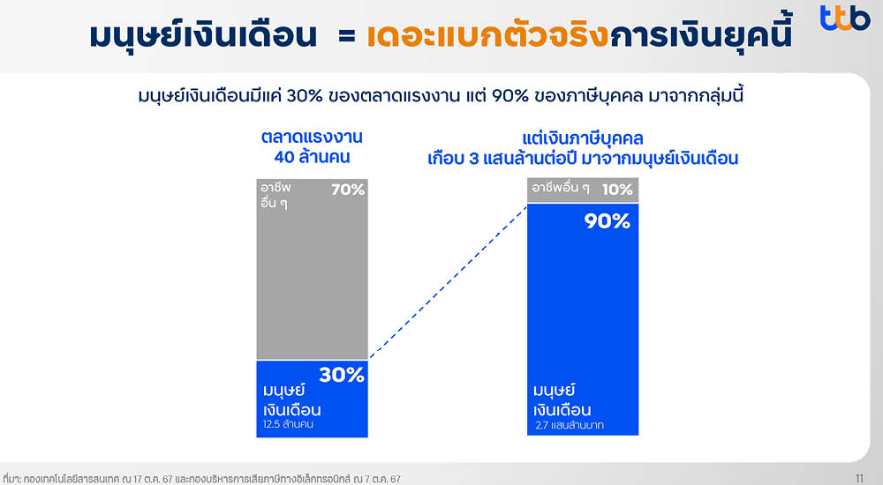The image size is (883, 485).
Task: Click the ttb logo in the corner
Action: (844, 19)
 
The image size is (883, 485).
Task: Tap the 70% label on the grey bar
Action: (347, 190)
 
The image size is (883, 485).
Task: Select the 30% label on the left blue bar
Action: (342, 375)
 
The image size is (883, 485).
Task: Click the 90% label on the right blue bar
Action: (608, 221)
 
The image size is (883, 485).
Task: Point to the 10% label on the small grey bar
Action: (617, 190)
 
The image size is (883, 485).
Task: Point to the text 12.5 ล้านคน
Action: (289, 425)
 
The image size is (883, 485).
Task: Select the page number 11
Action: (859, 477)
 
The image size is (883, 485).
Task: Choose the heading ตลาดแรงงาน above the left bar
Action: (312, 138)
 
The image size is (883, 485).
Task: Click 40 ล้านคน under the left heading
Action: (312, 158)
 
